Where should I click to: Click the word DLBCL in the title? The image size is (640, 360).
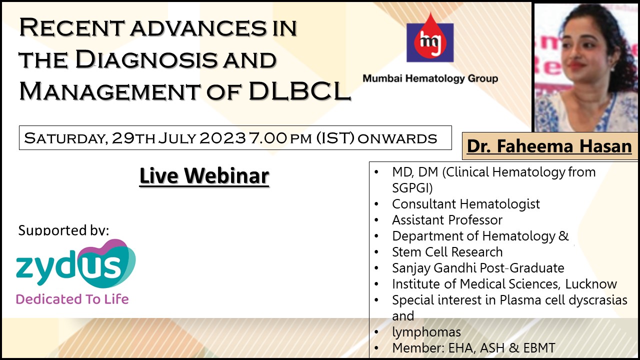tap(299, 91)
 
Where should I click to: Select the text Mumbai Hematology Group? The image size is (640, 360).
tap(430, 78)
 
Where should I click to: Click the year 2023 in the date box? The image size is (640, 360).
tap(223, 138)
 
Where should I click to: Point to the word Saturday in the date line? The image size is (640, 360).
tap(66, 138)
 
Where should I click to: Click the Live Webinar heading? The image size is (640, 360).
tap(204, 175)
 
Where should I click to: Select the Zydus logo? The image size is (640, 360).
tap(76, 263)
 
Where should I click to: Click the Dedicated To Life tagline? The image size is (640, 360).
tap(72, 299)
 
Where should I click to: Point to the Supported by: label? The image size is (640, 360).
tap(63, 230)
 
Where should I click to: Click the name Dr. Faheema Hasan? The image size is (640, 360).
tap(549, 146)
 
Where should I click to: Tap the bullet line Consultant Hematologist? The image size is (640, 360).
tap(466, 204)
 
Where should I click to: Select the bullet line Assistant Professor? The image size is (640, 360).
tap(447, 220)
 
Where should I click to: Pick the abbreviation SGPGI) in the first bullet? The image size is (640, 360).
tap(412, 188)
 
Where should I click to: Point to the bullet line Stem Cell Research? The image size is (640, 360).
tap(447, 252)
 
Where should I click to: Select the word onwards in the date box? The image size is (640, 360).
tap(397, 139)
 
